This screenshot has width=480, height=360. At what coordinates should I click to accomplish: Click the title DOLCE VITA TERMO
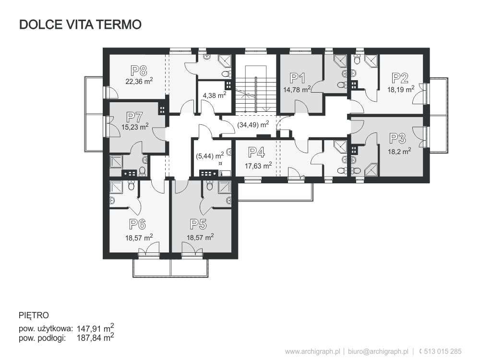pos(80,24)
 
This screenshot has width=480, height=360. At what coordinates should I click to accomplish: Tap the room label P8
pos(139,71)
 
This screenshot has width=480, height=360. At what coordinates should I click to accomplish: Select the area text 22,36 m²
pos(139,81)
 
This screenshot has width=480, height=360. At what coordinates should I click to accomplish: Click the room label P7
pos(135,117)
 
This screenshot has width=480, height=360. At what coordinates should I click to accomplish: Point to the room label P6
pos(137,224)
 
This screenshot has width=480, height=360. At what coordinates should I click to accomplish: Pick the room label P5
pos(198,224)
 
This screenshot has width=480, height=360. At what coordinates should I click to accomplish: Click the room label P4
pos(256,152)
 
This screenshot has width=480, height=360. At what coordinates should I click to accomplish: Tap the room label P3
pos(397,138)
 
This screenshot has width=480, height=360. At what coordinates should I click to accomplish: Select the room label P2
pos(400,78)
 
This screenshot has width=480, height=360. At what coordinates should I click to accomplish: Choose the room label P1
pos(297,78)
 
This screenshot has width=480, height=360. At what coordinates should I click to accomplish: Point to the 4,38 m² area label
pos(215,95)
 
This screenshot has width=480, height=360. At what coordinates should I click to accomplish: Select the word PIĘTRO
pos(34,316)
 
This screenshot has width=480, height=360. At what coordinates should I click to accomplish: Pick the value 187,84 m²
pos(95,337)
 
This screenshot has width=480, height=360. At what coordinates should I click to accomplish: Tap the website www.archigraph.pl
pos(312,351)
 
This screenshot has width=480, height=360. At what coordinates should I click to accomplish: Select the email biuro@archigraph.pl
pos(378,351)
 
